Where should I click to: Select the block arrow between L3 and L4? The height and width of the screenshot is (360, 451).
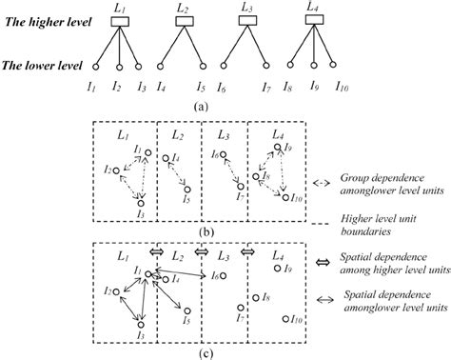click(x=246, y=253)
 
